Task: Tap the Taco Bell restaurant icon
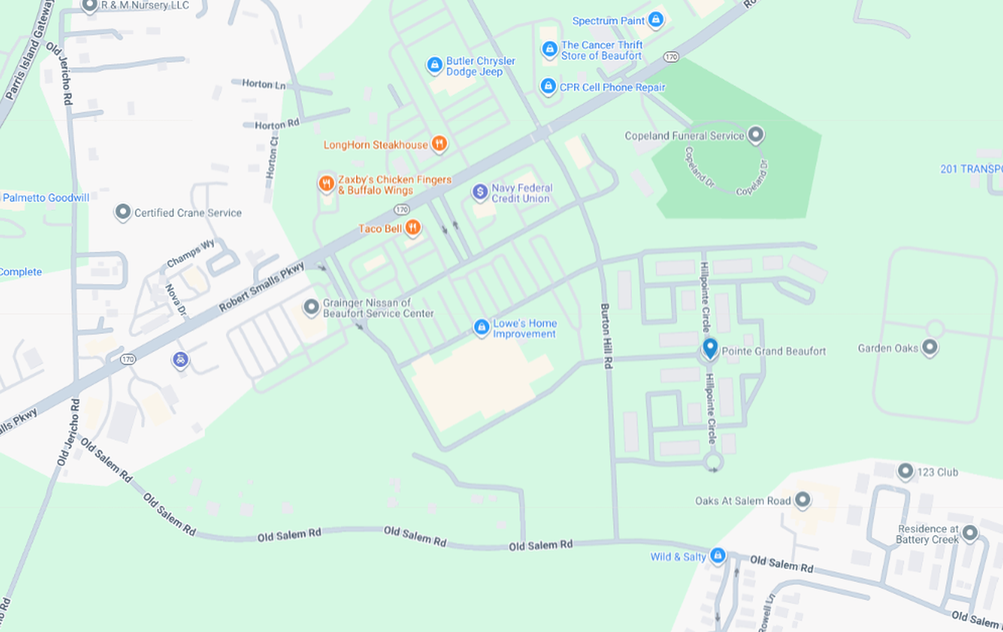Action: tap(413, 228)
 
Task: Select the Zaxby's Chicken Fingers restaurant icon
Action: tap(326, 184)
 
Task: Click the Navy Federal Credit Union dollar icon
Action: tap(480, 192)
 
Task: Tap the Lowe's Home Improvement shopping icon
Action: tap(481, 328)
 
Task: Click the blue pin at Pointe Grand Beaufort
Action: tap(710, 348)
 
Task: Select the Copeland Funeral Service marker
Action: tap(756, 135)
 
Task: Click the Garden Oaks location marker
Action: tap(929, 348)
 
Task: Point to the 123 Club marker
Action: tap(905, 471)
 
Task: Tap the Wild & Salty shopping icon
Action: tap(717, 556)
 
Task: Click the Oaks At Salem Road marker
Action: tap(802, 501)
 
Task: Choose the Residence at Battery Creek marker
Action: tap(970, 533)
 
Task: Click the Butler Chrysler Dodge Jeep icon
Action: tap(434, 65)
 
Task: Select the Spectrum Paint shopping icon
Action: tap(656, 20)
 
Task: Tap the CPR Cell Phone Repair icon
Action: tap(547, 86)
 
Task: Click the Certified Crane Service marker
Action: tap(123, 212)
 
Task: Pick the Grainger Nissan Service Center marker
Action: tap(312, 308)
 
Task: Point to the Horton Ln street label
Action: tap(263, 84)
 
